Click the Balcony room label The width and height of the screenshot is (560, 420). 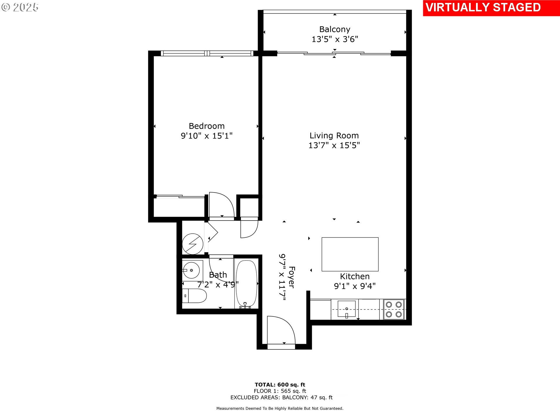(x=335, y=29)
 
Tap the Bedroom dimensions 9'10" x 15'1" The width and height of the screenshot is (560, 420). (x=206, y=136)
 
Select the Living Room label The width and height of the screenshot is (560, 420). (x=334, y=136)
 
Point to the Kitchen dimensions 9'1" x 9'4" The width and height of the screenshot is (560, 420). (x=355, y=286)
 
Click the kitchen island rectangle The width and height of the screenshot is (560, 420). (x=350, y=254)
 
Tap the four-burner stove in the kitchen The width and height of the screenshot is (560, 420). (x=394, y=309)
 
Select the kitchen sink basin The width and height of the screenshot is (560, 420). (x=346, y=309)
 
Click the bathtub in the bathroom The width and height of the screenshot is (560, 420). (x=246, y=284)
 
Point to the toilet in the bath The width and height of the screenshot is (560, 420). (x=194, y=296)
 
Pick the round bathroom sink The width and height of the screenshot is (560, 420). (x=191, y=270)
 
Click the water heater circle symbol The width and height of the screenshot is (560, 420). (x=192, y=244)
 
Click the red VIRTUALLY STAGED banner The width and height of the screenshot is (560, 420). (x=491, y=8)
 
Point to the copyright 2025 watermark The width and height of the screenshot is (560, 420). (x=20, y=7)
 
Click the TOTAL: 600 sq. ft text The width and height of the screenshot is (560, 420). (x=280, y=385)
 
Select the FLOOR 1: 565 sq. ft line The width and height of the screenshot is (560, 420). (x=280, y=391)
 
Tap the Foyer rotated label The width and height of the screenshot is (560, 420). (x=291, y=277)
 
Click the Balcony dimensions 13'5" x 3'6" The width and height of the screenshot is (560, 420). (x=335, y=39)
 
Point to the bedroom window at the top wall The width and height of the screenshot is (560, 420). (x=207, y=53)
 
